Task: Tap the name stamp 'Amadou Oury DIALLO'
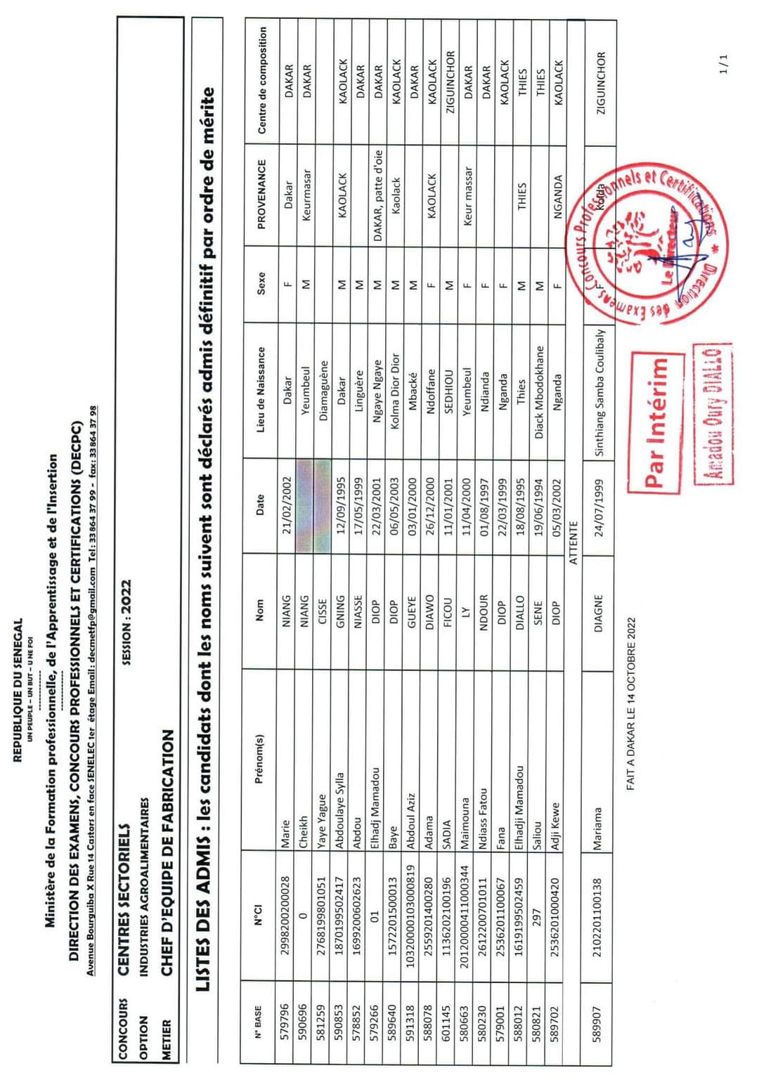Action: point(712,415)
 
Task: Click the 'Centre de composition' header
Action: point(262,80)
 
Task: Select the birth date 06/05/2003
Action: point(394,506)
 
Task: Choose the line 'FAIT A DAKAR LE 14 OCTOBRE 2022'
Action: point(631,703)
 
